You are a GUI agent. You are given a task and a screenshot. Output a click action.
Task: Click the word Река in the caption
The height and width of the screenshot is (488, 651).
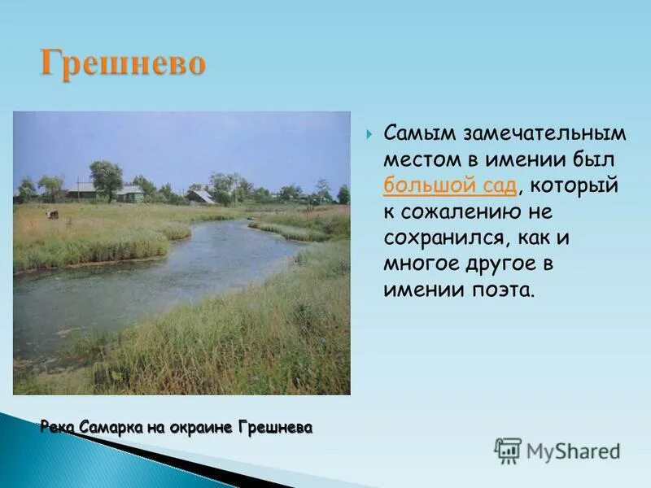click(58, 427)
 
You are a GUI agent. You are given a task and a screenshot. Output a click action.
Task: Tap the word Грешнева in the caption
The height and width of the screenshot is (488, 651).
click(274, 427)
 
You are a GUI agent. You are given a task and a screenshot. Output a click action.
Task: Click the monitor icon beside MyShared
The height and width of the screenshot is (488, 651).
click(508, 450)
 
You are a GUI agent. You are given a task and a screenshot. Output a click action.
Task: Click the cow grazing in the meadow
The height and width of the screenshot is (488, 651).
click(53, 215)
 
